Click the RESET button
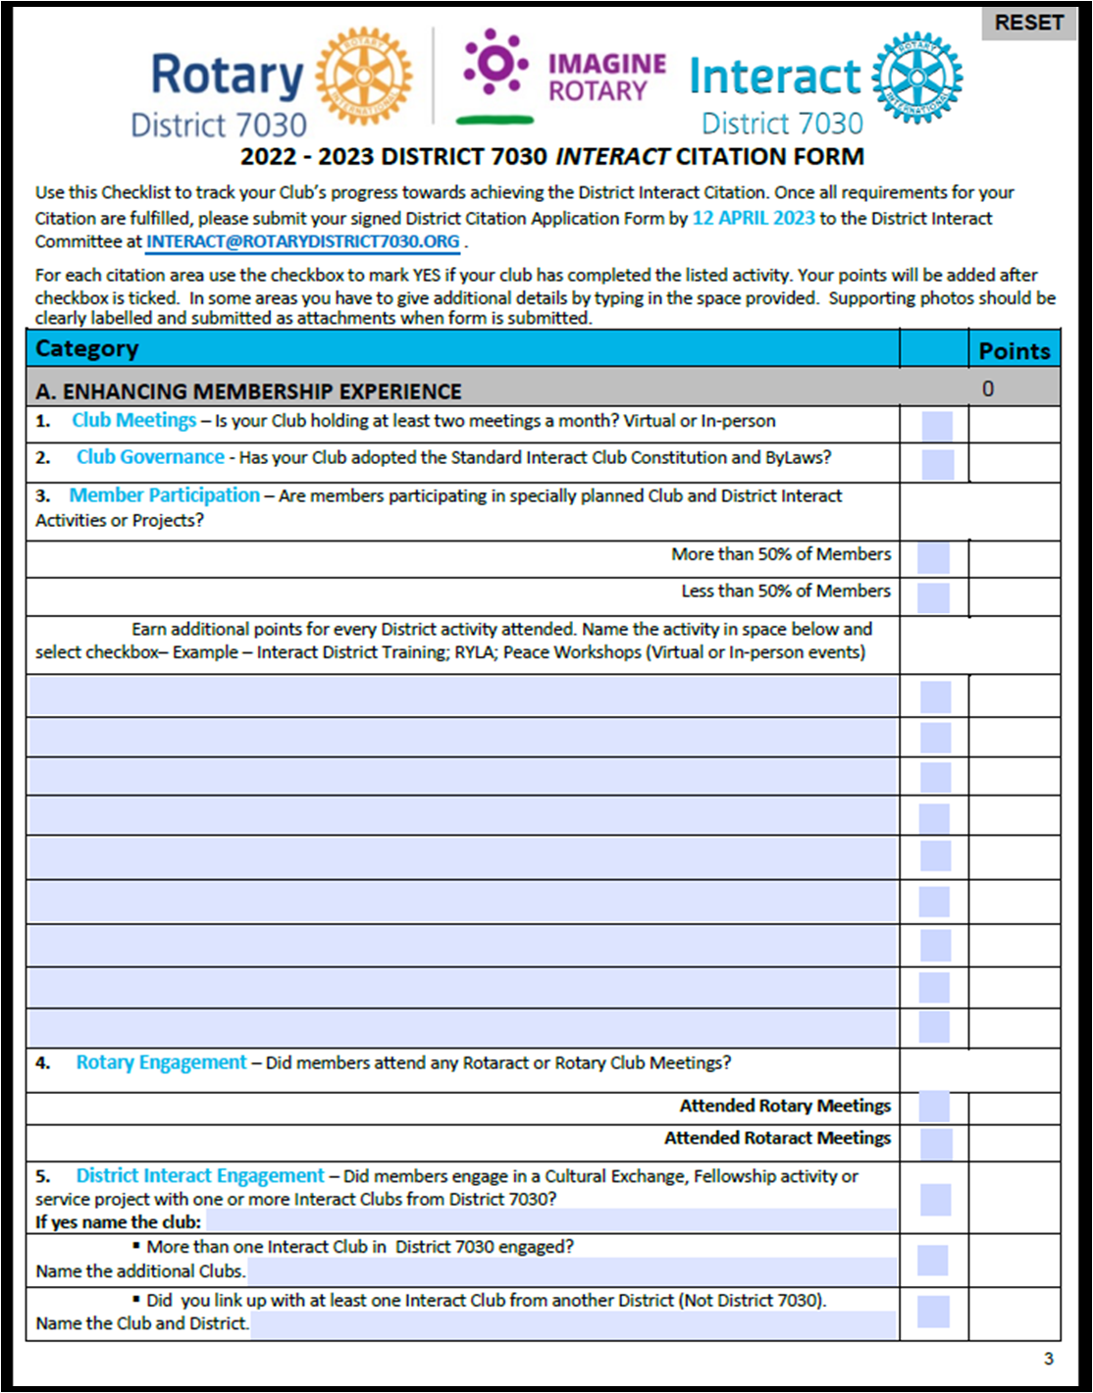(x=1028, y=23)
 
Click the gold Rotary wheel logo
(x=363, y=77)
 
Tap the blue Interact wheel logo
(x=917, y=77)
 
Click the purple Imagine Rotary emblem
(x=495, y=65)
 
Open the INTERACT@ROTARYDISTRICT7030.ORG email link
(x=302, y=242)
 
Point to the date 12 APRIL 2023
(x=753, y=218)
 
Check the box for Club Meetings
(x=937, y=426)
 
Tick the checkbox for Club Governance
(x=937, y=464)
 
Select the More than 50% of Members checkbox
(x=933, y=557)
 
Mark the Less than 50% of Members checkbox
(x=933, y=596)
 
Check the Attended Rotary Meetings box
(x=934, y=1107)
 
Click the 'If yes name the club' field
(x=550, y=1221)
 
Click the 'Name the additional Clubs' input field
(x=571, y=1271)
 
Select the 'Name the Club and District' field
(x=573, y=1324)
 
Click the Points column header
(x=1014, y=350)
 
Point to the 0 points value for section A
(x=988, y=389)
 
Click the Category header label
(x=87, y=348)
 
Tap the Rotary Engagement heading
(x=161, y=1062)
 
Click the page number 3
(x=1048, y=1359)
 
